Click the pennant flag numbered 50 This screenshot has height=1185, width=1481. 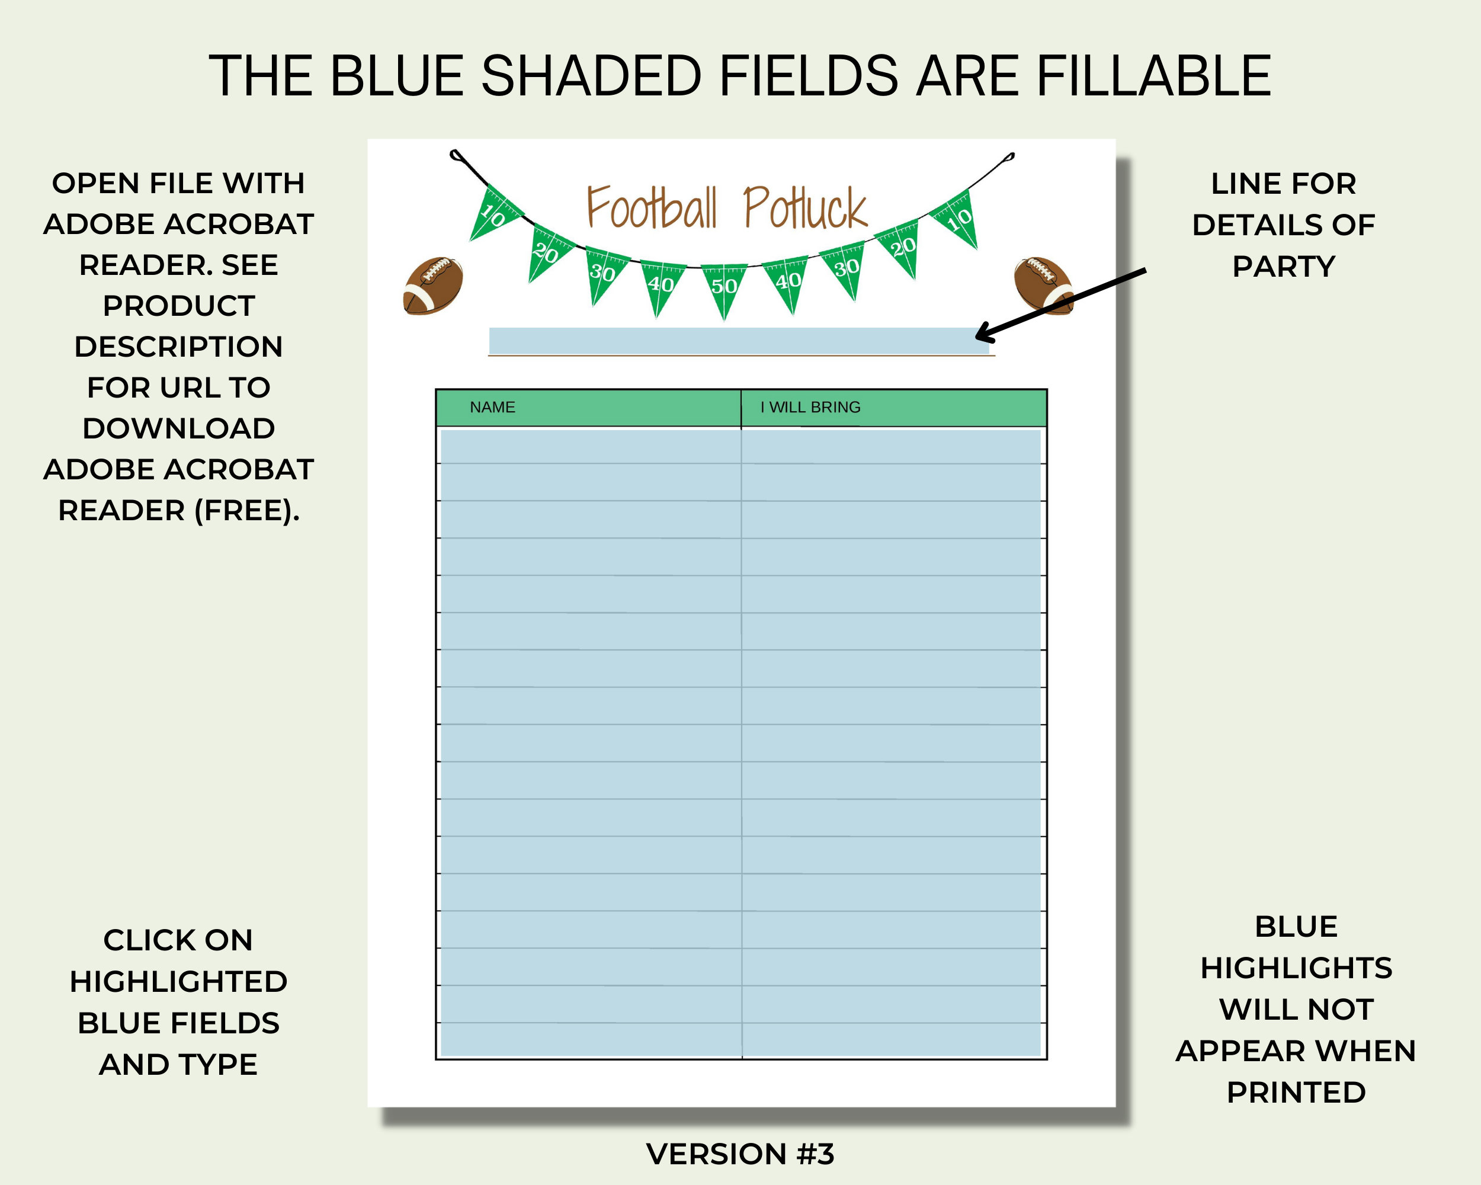724,287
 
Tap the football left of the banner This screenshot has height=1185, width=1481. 433,286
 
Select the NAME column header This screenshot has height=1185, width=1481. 492,408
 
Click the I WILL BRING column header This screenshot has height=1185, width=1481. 810,408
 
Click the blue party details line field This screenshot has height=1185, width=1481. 739,341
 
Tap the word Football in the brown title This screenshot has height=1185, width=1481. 651,207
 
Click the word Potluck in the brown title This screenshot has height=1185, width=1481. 805,207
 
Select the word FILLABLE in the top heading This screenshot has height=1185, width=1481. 1153,76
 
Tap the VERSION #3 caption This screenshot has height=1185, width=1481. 740,1154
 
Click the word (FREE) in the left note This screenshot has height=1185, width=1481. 246,510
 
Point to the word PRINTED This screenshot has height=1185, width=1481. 1296,1092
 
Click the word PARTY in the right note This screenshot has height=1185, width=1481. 1284,267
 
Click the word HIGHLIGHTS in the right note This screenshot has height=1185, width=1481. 1296,968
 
